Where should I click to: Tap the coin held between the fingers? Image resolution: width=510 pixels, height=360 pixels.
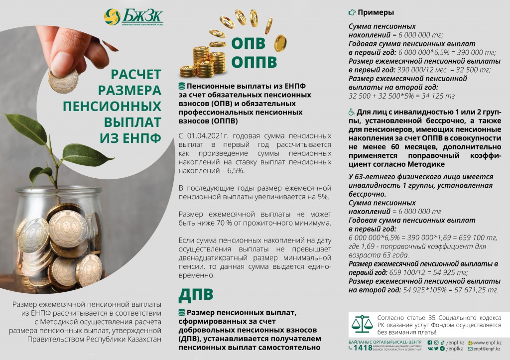click(x=63, y=80)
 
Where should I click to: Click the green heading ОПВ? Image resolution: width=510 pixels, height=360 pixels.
click(x=248, y=43)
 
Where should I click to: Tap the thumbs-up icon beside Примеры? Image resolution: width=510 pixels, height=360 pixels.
click(x=352, y=12)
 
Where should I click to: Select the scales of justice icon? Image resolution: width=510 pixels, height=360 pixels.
click(x=363, y=324)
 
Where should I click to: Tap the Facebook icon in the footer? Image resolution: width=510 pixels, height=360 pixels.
click(x=429, y=342)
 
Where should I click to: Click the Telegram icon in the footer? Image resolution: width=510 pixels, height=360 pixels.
click(x=442, y=349)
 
